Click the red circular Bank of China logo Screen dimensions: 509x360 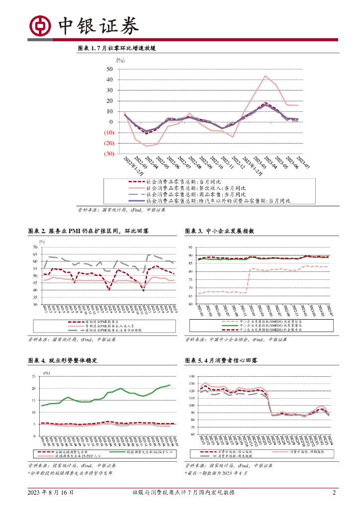[x=39, y=25]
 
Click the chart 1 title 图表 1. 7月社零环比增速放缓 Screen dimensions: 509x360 [x=117, y=49]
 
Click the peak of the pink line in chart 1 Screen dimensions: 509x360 [x=266, y=76]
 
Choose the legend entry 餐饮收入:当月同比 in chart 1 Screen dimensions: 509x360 [x=194, y=188]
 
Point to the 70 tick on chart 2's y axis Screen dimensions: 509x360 [x=35, y=247]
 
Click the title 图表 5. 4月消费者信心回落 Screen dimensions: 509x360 [x=221, y=360]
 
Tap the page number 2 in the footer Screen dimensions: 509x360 [x=334, y=493]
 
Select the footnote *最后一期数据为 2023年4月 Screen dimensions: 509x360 [x=216, y=473]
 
